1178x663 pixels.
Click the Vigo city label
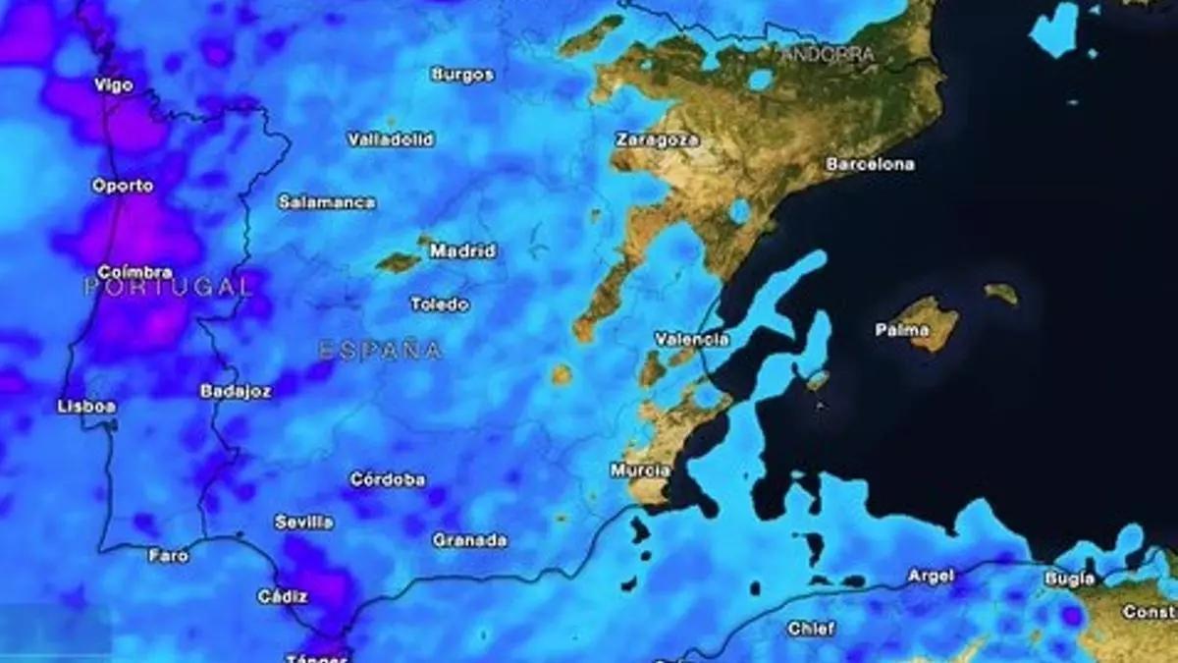[113, 85]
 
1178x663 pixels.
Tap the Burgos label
[462, 75]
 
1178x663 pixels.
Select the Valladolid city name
[391, 139]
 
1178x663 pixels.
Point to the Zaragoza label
[658, 139]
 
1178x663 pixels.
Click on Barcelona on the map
[870, 164]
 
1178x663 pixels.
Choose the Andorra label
[828, 55]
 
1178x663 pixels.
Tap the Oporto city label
[123, 186]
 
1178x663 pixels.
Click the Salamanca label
[327, 202]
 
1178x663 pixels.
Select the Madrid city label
[462, 251]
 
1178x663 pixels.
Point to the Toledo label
[439, 304]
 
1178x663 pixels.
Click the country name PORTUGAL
[168, 288]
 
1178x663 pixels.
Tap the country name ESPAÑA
[380, 350]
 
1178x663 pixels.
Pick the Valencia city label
[692, 340]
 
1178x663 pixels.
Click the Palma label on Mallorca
[901, 330]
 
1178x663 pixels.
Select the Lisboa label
[86, 407]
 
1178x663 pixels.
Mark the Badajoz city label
[236, 391]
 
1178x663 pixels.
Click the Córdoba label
[388, 479]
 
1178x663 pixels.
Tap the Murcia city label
[640, 470]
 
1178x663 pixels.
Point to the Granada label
[469, 540]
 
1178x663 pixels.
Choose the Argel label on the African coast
[930, 576]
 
